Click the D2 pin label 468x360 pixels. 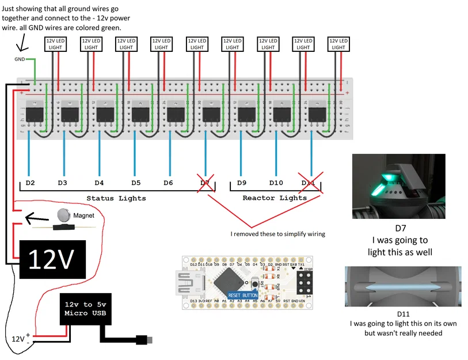click(x=31, y=183)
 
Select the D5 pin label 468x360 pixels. click(x=135, y=183)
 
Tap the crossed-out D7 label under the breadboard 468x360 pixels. click(x=205, y=183)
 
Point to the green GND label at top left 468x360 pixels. click(x=20, y=59)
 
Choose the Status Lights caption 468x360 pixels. click(x=116, y=198)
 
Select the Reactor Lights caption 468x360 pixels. click(x=275, y=198)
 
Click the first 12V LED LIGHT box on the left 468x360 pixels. click(x=56, y=44)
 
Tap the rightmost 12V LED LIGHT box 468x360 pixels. click(x=338, y=44)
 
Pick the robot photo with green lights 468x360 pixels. click(x=398, y=186)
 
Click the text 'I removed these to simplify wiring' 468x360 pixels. click(x=277, y=234)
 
